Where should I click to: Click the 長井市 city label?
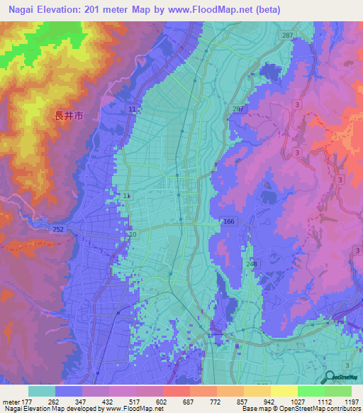click(x=69, y=116)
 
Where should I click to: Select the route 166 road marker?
click(x=228, y=222)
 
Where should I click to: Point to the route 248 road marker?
click(x=253, y=263)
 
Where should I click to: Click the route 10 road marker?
click(x=132, y=233)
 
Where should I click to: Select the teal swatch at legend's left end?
click(x=42, y=391)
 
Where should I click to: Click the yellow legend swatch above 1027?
click(x=284, y=391)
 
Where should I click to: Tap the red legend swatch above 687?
click(x=176, y=391)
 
